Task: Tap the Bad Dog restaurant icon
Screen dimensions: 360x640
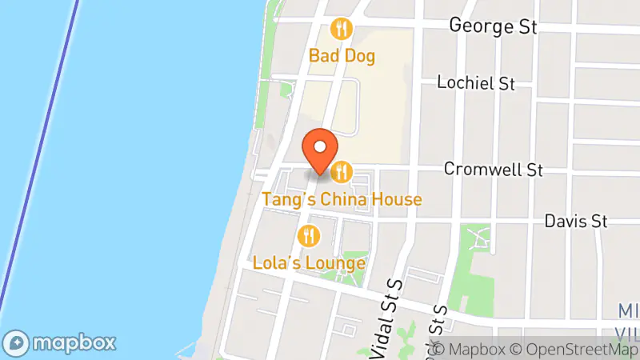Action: point(342,30)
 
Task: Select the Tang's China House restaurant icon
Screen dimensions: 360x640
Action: point(342,170)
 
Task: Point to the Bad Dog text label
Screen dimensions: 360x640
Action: point(342,56)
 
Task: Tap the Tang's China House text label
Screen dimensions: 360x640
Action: point(342,198)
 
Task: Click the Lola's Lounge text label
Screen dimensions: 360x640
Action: point(309,262)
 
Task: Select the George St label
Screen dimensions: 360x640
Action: point(492,26)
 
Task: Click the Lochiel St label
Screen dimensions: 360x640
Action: point(476,83)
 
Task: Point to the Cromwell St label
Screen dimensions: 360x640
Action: point(494,170)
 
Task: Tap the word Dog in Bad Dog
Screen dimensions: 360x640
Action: point(359,56)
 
